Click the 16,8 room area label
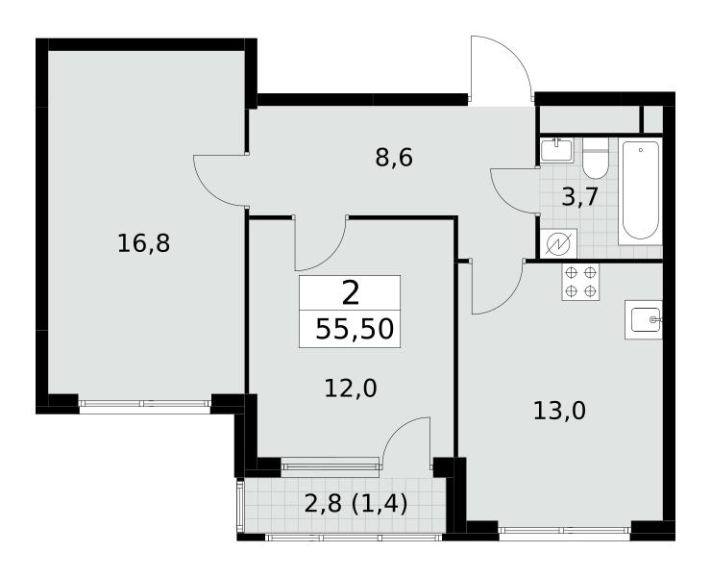(x=143, y=244)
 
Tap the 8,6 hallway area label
(x=394, y=159)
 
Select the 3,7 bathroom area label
(x=581, y=197)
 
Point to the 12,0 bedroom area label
(x=351, y=389)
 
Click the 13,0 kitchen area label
(x=559, y=412)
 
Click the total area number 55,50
(x=355, y=329)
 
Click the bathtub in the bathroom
(x=640, y=190)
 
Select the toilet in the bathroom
(x=595, y=159)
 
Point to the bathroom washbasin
(x=557, y=149)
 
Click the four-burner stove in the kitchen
(x=580, y=282)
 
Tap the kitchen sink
(x=644, y=319)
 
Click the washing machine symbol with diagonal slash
(x=558, y=244)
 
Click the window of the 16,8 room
(x=145, y=403)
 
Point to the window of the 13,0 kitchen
(x=565, y=530)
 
